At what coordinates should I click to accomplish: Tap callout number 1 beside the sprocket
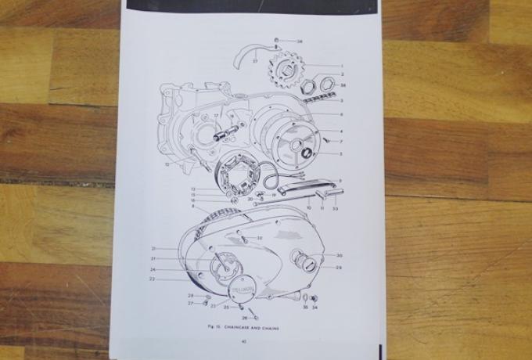click(341, 66)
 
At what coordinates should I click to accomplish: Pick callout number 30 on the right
click(339, 255)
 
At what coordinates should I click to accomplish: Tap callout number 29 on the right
click(339, 268)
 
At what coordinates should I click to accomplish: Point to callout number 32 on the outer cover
click(261, 237)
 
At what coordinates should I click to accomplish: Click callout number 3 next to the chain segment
click(341, 100)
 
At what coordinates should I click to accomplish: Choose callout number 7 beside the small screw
click(341, 141)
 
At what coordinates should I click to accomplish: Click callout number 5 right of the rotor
click(341, 153)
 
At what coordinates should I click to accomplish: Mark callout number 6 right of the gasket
click(341, 114)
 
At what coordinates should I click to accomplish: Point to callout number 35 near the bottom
click(306, 308)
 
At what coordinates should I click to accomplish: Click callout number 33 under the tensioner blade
click(334, 208)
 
